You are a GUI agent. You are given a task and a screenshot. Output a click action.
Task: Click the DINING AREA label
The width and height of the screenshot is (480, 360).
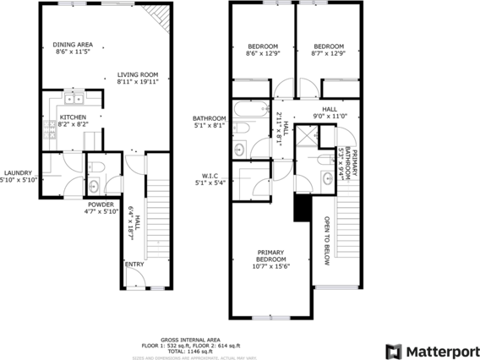click(73, 48)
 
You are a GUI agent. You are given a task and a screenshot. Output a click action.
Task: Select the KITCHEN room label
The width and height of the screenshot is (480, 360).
click(72, 119)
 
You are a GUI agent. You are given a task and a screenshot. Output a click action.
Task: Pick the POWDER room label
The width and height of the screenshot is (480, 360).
click(100, 208)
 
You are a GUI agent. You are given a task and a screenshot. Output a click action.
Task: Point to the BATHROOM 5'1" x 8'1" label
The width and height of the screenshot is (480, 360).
click(209, 122)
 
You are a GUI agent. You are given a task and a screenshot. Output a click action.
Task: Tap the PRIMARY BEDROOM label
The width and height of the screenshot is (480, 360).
click(270, 259)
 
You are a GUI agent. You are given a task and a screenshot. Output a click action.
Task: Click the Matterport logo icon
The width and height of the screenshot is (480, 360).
click(394, 349)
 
